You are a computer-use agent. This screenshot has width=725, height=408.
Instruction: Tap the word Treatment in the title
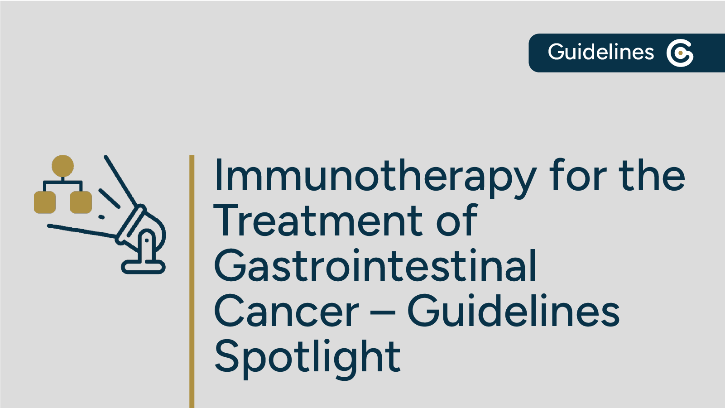(317, 221)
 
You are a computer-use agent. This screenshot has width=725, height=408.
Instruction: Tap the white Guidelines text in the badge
(600, 52)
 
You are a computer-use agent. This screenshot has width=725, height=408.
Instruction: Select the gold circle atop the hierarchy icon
(62, 166)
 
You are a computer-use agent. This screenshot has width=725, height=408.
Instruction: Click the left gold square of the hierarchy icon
(45, 202)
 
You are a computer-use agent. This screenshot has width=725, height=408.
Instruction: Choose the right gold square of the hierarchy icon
(81, 202)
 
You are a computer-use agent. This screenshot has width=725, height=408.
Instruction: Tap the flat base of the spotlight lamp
(143, 267)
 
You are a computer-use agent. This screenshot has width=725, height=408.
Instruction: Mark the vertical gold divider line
(192, 281)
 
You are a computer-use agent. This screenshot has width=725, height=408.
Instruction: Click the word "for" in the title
(578, 176)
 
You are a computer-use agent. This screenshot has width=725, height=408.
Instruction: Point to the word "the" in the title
(652, 176)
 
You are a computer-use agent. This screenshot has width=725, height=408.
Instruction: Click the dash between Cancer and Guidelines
(383, 312)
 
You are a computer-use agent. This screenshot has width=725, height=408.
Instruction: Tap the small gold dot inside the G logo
(680, 53)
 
